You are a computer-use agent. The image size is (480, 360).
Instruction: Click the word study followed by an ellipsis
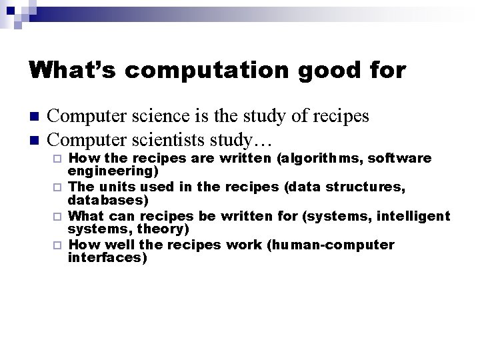click(x=247, y=141)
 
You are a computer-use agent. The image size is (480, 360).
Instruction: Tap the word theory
click(x=157, y=228)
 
